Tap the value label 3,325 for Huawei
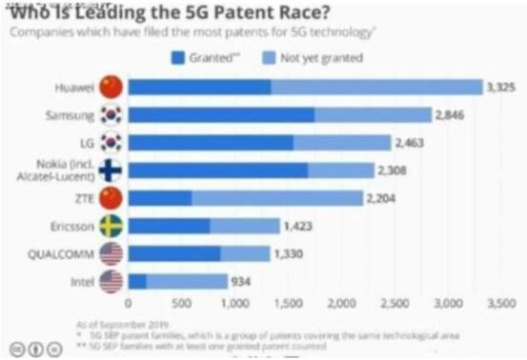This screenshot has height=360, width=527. tap(503, 88)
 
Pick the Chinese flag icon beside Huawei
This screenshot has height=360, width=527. tap(111, 88)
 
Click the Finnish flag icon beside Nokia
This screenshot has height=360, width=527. tap(111, 171)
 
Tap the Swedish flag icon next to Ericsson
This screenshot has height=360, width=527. tap(111, 227)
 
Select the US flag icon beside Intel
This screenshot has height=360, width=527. tap(111, 282)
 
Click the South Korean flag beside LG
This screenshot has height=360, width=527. tap(111, 143)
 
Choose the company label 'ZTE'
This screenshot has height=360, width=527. tap(81, 199)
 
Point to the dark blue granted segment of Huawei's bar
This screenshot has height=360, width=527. tap(200, 88)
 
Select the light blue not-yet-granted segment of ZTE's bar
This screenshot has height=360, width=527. tap(276, 199)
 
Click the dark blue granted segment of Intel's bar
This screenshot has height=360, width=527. tap(138, 282)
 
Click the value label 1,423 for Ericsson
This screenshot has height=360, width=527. tap(298, 227)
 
